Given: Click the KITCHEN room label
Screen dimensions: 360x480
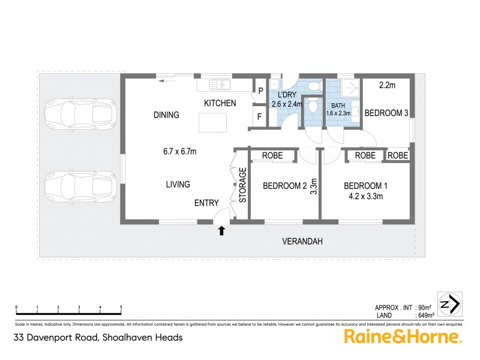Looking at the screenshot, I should point(220,103).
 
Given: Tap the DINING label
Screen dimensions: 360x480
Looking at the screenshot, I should point(166,115).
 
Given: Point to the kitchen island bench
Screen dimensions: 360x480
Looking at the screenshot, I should point(214,122).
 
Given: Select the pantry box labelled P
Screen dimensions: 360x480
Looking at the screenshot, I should point(260,91).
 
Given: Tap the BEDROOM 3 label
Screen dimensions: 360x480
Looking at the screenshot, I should point(386,113).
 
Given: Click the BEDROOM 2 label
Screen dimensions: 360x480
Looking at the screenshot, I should point(285,186).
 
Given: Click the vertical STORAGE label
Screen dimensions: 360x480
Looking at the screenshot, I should point(243,185).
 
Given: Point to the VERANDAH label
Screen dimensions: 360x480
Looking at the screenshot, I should point(302,242).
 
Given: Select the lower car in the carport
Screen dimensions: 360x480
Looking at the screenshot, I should point(80,187).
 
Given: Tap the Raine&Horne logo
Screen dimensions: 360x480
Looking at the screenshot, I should point(401,337).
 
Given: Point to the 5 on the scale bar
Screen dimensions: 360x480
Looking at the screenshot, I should point(121,307).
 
